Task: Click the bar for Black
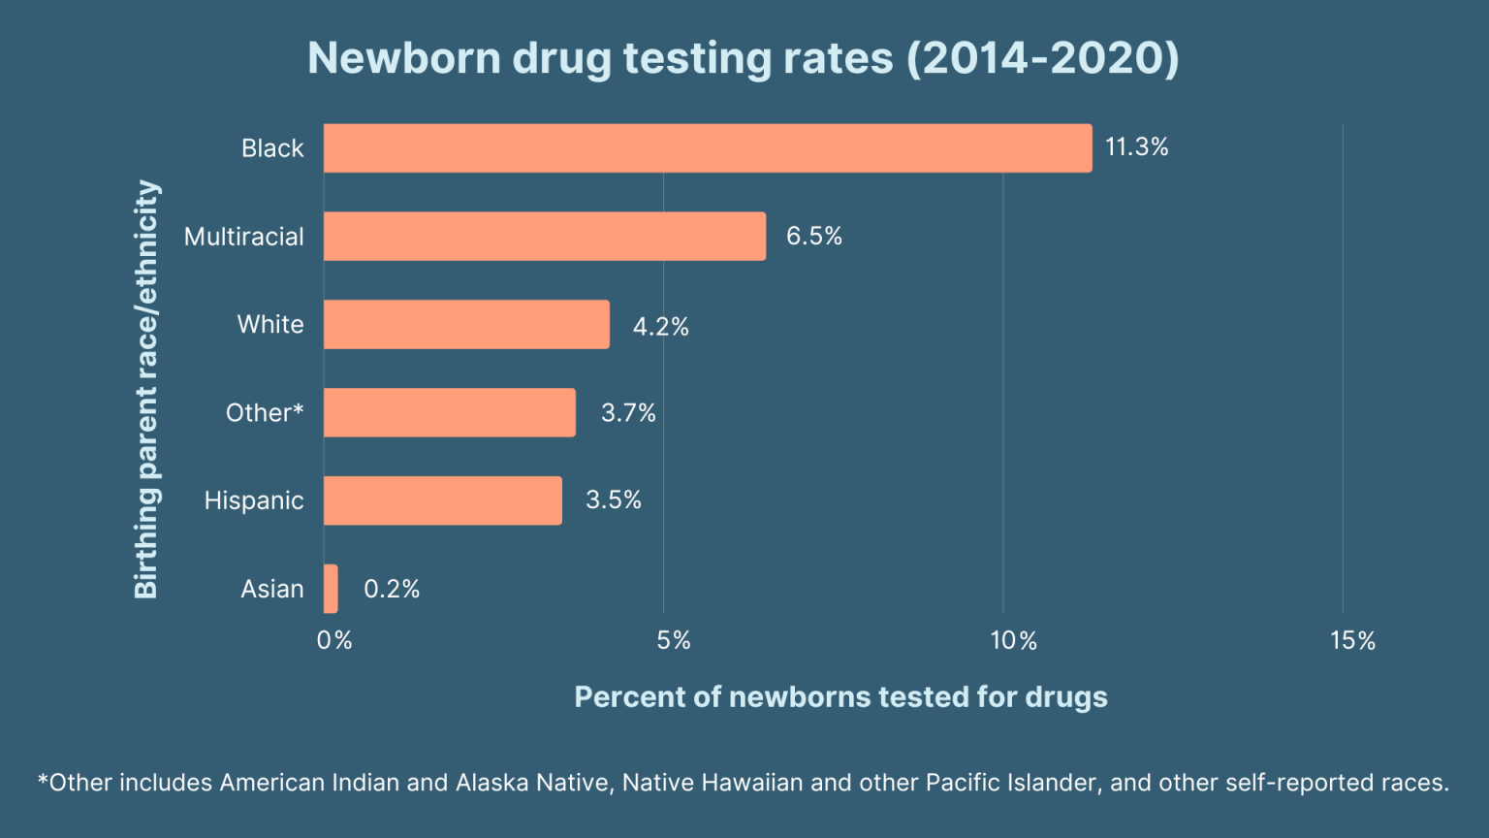(708, 148)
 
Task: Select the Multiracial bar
(544, 237)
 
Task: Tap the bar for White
(466, 324)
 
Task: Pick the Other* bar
(449, 412)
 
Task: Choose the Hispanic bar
(442, 500)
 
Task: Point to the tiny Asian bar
(331, 589)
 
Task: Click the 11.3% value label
(1136, 147)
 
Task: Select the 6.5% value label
(813, 236)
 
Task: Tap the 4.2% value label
(660, 327)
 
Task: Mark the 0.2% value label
(391, 589)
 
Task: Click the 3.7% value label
(628, 413)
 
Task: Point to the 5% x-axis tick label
(673, 640)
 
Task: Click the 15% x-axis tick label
(1352, 640)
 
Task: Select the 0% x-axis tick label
(334, 640)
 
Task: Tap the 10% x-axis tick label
(1013, 640)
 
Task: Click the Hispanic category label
(254, 500)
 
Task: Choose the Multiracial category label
(243, 237)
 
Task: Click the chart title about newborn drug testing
(744, 58)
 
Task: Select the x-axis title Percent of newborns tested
(840, 697)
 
